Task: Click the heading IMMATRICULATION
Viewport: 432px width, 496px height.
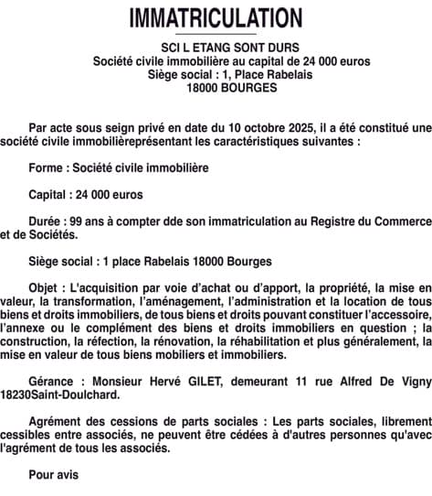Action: (216, 18)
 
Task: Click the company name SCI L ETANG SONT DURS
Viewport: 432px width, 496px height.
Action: (216, 48)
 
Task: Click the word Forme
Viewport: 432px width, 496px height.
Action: (47, 169)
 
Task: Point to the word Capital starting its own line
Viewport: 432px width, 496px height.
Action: (50, 195)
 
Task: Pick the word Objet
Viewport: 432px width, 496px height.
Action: (47, 286)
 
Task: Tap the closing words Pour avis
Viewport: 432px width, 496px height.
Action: (54, 473)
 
